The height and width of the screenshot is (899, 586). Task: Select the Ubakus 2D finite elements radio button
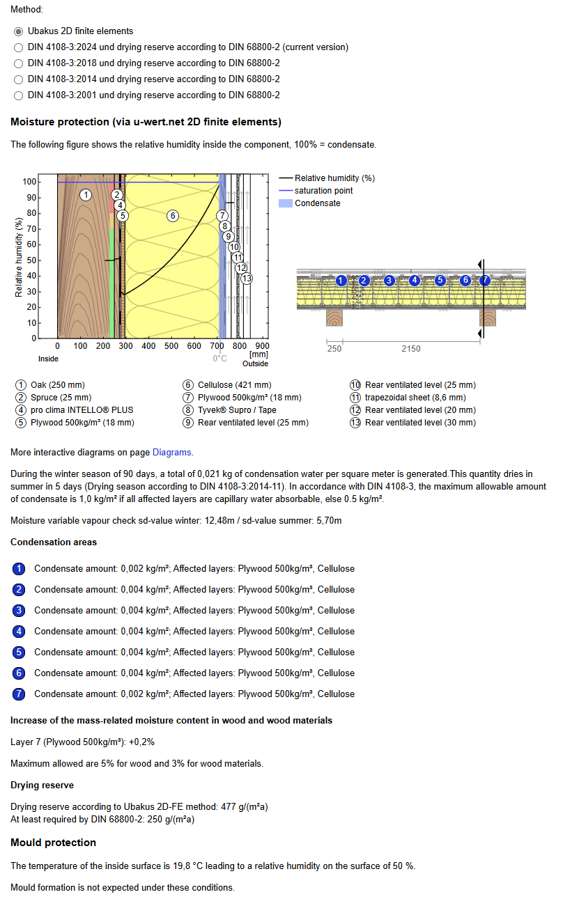[x=19, y=31]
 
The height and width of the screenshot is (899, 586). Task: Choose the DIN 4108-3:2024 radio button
[x=19, y=47]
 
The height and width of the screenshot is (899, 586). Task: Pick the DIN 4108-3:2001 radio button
[x=19, y=95]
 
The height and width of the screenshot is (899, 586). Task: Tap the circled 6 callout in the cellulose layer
[x=173, y=215]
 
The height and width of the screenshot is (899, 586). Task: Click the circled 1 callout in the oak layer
[x=85, y=194]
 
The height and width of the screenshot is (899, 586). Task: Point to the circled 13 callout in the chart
[x=246, y=278]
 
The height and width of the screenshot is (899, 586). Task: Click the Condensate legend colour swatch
[x=286, y=203]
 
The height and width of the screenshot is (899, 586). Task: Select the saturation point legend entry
[x=323, y=191]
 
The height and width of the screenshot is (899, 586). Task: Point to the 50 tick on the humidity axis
[x=31, y=260]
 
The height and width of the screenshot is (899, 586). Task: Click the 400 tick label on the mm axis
[x=148, y=345]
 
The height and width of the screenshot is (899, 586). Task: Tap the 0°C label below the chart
[x=219, y=358]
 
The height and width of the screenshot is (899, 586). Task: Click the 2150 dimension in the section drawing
[x=411, y=348]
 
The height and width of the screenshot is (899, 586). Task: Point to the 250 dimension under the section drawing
[x=334, y=348]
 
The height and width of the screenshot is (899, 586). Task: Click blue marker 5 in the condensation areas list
[x=20, y=652]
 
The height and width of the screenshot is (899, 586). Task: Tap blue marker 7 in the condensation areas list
[x=20, y=694]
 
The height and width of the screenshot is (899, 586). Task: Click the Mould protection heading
[x=53, y=843]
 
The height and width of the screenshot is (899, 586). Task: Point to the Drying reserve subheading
[x=42, y=785]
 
